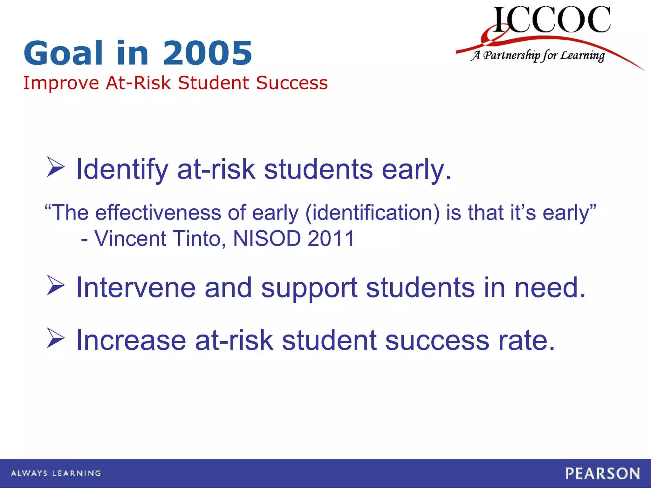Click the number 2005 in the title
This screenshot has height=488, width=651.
208,53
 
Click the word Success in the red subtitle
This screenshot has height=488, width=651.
292,83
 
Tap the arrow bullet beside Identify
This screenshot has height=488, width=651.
56,166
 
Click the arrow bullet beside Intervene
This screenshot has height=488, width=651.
56,285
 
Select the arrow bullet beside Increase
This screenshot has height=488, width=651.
56,338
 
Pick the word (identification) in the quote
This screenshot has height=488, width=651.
372,213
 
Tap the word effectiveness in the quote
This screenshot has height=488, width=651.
158,213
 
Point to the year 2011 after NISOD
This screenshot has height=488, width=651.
331,238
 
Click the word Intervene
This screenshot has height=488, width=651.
136,288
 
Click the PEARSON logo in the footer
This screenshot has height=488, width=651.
602,473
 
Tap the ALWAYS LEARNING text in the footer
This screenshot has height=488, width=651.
56,473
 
